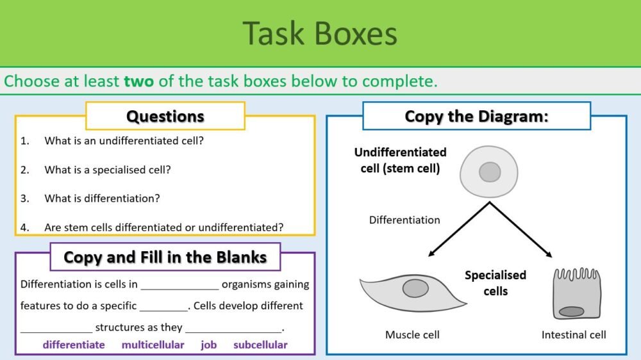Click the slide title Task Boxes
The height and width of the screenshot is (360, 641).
(320, 33)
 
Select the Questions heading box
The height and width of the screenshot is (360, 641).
(165, 116)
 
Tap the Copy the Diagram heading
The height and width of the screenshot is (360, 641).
(476, 116)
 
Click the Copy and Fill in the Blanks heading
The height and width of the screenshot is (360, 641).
(165, 258)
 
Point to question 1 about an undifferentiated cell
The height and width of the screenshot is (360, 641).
(124, 140)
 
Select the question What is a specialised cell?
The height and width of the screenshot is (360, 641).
(107, 170)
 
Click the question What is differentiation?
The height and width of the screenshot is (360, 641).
(102, 199)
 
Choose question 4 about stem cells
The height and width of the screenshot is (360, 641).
(164, 227)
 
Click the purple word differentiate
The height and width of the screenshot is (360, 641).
(74, 345)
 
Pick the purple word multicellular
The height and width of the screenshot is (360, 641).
(153, 345)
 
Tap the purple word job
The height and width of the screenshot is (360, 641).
(208, 345)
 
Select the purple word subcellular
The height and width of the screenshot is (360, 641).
(260, 345)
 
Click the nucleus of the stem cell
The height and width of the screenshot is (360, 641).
(490, 172)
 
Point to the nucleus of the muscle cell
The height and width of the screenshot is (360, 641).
(415, 289)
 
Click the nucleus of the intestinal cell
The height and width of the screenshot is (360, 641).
(571, 311)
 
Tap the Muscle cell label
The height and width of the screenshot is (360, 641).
(412, 334)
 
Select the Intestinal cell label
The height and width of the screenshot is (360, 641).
(574, 334)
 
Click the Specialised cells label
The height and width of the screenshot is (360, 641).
(495, 283)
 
